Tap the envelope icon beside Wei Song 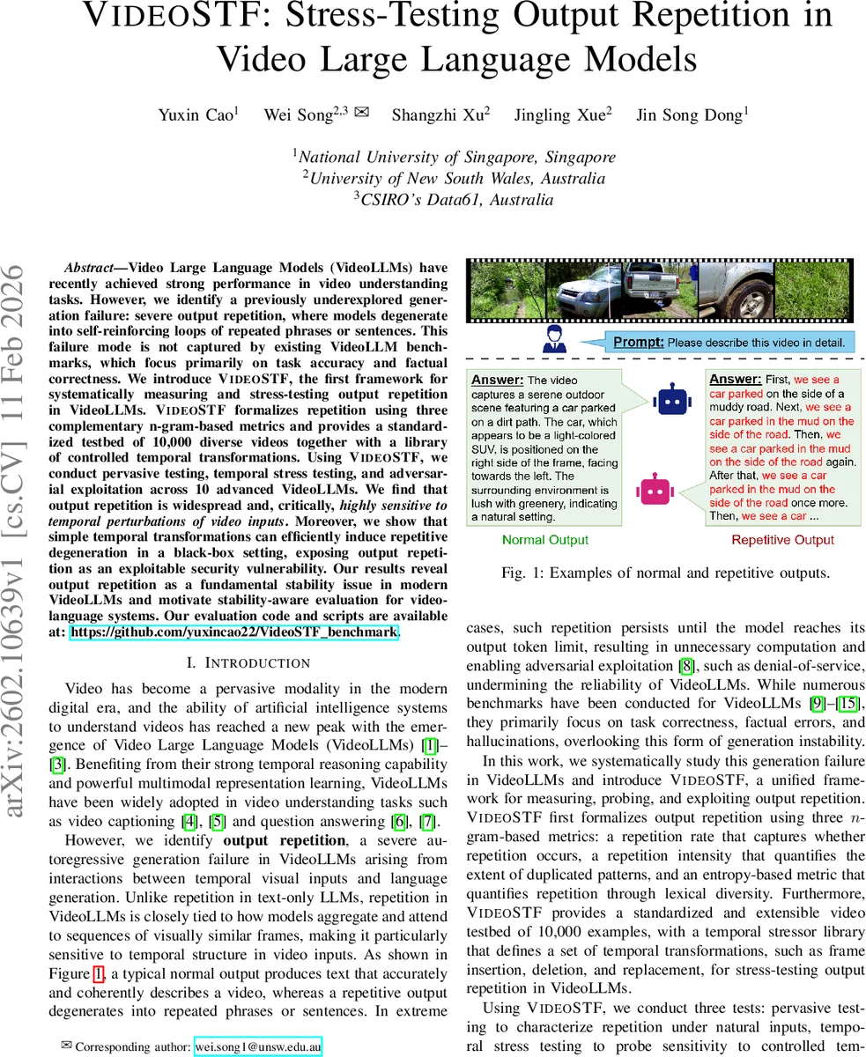[x=361, y=113]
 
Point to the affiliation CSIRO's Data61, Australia [x=454, y=199]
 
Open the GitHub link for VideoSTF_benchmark [x=233, y=632]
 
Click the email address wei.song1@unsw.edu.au [x=258, y=1046]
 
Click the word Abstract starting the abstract [x=94, y=267]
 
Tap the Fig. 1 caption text [x=666, y=573]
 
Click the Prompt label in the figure [x=637, y=342]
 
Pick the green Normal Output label [x=545, y=540]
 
